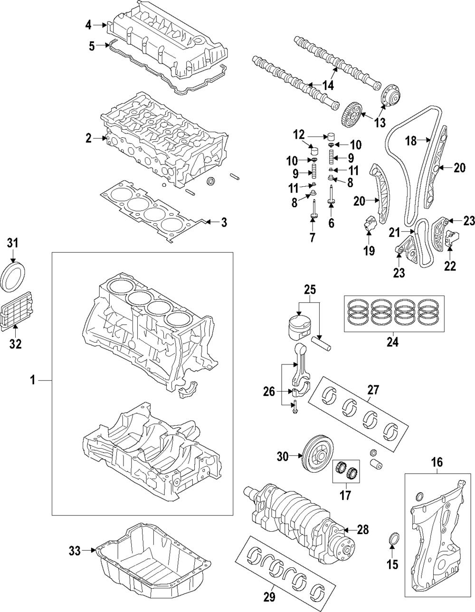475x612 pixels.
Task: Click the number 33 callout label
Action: [x=75, y=551]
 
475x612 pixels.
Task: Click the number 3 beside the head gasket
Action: [x=224, y=221]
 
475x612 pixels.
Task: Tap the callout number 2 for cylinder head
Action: [x=88, y=138]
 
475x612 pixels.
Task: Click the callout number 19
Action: [x=369, y=250]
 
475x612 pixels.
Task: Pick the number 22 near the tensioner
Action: [x=450, y=266]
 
